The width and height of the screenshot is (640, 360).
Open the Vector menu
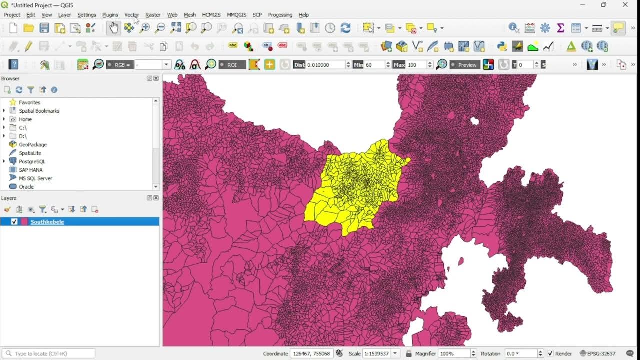click(131, 15)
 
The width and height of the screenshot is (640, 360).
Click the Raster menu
click(153, 15)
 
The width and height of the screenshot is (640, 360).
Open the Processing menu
click(280, 15)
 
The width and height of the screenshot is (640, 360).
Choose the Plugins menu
click(110, 15)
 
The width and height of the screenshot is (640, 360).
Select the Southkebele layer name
click(47, 222)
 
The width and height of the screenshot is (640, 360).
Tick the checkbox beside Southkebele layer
click(14, 222)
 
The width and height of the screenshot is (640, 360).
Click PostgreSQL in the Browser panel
click(32, 161)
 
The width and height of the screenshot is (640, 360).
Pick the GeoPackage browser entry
click(33, 144)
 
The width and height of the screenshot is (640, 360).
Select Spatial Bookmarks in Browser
click(39, 111)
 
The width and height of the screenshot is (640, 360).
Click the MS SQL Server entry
click(35, 178)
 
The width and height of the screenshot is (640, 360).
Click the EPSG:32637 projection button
click(598, 353)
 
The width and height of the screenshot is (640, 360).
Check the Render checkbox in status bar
click(550, 353)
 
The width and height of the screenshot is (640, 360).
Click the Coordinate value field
click(311, 353)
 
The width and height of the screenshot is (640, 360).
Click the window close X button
click(625, 5)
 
